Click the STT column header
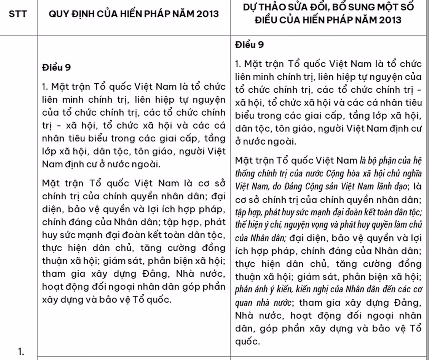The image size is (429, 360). (x=18, y=15)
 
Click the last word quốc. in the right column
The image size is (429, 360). (x=246, y=342)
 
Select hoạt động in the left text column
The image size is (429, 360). (x=58, y=287)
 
